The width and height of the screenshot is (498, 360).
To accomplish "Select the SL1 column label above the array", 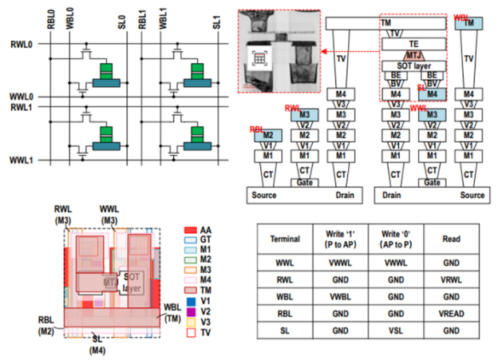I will [217, 15].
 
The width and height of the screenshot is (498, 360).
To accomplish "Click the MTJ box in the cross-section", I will [413, 55].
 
